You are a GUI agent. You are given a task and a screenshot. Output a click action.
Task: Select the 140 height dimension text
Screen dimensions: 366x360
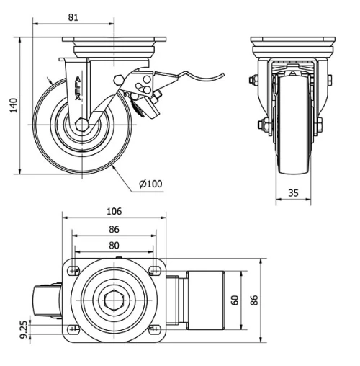point(11,106)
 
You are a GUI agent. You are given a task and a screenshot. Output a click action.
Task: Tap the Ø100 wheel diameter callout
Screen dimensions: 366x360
point(150,184)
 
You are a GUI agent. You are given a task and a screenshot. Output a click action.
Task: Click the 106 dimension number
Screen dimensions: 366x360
point(113,212)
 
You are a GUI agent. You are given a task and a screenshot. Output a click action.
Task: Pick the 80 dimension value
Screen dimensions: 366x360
point(113,244)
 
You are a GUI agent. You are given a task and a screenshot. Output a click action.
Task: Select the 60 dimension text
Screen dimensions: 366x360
point(234,300)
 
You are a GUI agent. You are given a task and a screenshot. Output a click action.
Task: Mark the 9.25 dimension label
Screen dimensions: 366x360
point(24,331)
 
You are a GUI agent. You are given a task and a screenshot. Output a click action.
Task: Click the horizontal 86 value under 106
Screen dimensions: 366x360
point(113,228)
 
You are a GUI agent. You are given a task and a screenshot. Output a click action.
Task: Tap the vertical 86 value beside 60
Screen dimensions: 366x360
point(253,300)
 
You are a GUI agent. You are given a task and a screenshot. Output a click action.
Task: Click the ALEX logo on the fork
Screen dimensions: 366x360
point(78,94)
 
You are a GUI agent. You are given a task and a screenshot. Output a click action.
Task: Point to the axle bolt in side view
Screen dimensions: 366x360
point(80,125)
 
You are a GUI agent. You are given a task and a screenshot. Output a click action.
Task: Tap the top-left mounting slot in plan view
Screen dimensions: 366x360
point(72,272)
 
